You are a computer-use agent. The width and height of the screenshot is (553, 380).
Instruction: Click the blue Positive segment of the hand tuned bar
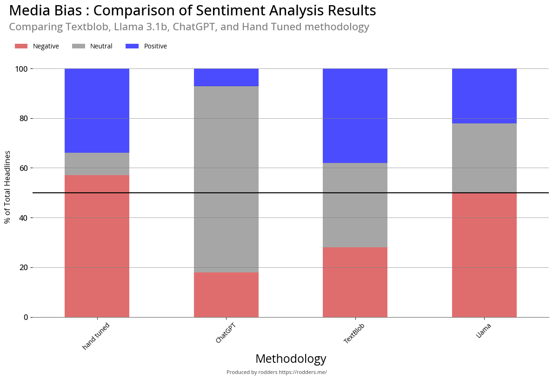97,110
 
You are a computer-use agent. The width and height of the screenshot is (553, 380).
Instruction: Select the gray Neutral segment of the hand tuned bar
97,164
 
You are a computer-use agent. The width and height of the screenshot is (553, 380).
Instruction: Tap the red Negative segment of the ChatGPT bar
226,295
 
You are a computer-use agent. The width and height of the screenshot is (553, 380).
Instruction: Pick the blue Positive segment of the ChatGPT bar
226,77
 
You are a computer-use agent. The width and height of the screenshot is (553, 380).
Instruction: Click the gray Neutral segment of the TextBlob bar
355,205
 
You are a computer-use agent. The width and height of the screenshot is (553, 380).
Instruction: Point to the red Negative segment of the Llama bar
484,255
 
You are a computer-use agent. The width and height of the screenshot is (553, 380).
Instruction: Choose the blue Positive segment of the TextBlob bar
355,115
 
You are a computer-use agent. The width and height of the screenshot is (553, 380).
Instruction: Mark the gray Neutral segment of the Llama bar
484,158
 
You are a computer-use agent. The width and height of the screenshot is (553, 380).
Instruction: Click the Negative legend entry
37,46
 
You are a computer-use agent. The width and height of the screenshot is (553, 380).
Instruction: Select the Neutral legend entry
93,46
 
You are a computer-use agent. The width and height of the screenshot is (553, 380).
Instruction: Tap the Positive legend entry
147,46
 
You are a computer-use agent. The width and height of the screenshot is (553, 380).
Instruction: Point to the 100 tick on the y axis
22,69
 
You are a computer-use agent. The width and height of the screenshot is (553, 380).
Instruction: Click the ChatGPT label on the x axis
226,333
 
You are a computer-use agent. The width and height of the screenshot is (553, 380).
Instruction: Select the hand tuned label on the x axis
96,336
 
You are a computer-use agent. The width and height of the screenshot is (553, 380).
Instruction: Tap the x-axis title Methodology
291,359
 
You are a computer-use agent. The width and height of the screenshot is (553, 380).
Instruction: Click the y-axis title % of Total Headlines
7,187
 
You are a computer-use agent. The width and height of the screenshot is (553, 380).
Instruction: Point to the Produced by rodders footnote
276,372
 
